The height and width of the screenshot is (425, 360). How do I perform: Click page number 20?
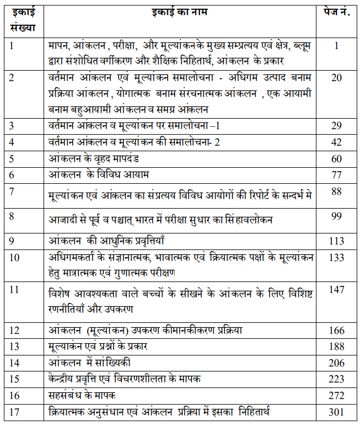click(x=336, y=78)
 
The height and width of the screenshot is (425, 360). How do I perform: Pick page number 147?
click(x=336, y=289)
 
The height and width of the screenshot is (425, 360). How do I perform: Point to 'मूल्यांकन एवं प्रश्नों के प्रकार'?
click(x=106, y=347)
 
